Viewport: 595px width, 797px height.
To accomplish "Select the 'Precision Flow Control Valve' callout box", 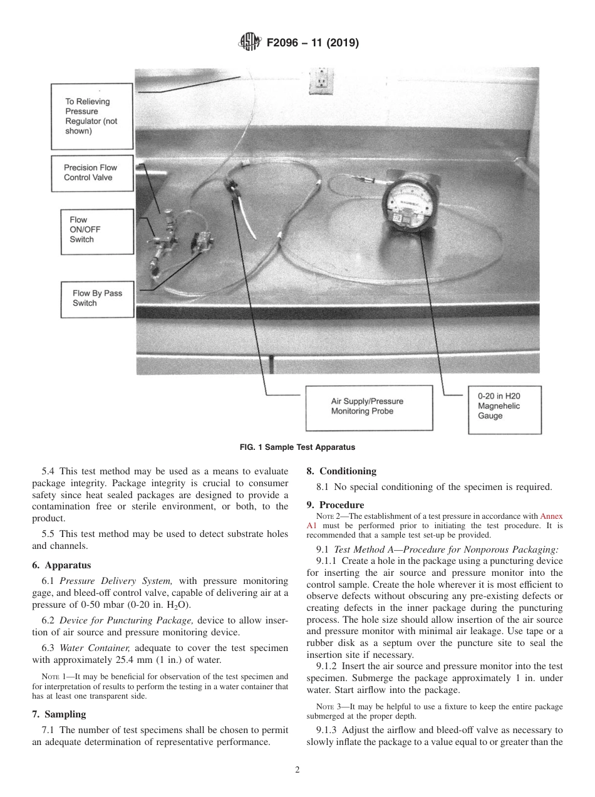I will click(x=92, y=172).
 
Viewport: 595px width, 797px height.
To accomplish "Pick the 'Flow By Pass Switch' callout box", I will click(x=97, y=298).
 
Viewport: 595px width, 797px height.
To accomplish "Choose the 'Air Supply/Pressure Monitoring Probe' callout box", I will click(x=368, y=406).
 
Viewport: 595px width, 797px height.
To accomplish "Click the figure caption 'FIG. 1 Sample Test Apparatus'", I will click(x=297, y=447).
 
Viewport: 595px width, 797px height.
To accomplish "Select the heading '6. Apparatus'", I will click(x=61, y=565).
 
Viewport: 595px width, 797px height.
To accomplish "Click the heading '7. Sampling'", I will click(x=59, y=714).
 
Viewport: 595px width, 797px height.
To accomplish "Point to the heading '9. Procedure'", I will click(x=335, y=504).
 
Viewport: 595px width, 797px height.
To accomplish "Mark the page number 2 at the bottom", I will click(x=297, y=770).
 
